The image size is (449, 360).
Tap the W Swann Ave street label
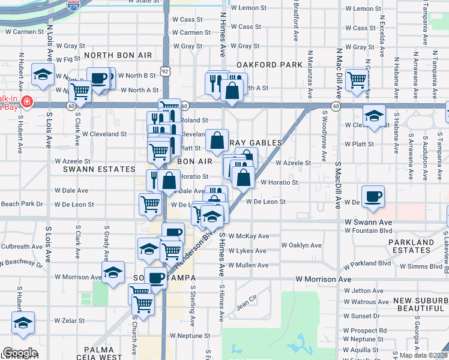click(x=367, y=222)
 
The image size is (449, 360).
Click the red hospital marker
click(x=26, y=103)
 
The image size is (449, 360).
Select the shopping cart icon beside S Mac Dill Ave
click(x=357, y=80)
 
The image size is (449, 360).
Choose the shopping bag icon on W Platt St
click(x=217, y=142)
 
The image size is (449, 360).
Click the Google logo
click(x=20, y=352)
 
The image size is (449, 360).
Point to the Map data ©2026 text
click(x=423, y=355)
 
